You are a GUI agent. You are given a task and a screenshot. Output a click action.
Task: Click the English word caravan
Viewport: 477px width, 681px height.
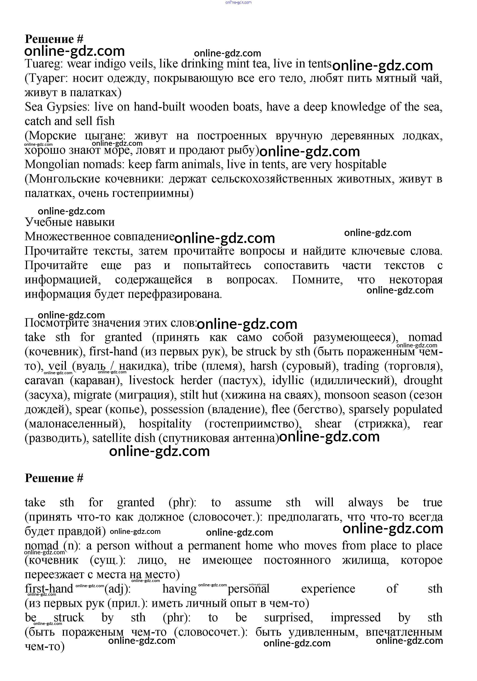(44, 381)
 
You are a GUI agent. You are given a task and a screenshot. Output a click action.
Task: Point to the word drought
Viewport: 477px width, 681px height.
(423, 381)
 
